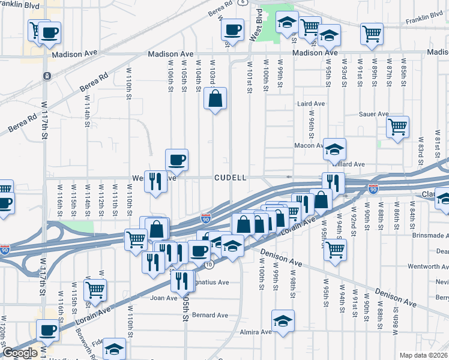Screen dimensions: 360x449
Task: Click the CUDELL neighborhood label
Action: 231,178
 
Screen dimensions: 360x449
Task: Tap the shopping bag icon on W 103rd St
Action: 215,98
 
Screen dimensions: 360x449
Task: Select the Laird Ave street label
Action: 311,104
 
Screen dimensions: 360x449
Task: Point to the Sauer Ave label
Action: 373,114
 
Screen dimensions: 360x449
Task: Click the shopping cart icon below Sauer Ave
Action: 397,127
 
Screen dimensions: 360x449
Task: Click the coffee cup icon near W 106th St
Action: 176,160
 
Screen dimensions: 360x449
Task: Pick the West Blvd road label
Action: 255,28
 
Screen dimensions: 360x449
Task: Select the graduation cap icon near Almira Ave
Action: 283,320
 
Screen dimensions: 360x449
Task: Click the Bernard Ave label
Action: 210,315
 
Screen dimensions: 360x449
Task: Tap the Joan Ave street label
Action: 164,298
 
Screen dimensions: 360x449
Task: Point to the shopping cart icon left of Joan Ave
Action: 95,290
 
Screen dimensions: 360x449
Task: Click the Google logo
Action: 19,353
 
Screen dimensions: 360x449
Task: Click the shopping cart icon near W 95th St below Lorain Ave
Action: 335,248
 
